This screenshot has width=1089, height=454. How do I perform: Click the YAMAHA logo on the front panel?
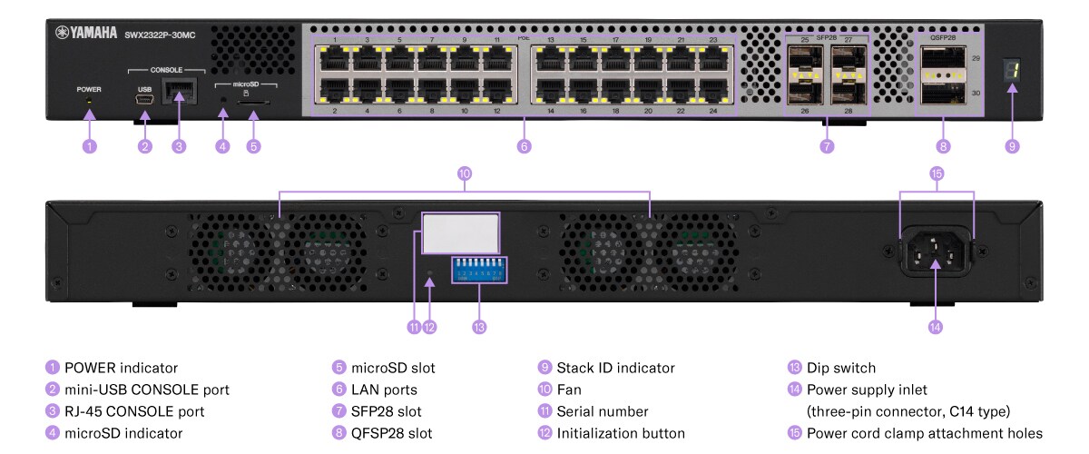(x=86, y=33)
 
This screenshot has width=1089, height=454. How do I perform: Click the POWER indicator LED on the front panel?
(x=89, y=103)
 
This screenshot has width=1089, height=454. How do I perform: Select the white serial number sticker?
(x=462, y=233)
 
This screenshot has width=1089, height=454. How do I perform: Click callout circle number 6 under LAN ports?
(x=524, y=145)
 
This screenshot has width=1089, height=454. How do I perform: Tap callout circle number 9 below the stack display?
(x=1012, y=145)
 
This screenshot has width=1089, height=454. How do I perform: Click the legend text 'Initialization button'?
(x=621, y=433)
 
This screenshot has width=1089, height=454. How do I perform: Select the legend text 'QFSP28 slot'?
(x=393, y=433)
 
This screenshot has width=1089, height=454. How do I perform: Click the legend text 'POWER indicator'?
(x=121, y=368)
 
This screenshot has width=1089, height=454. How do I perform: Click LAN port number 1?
(x=334, y=59)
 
